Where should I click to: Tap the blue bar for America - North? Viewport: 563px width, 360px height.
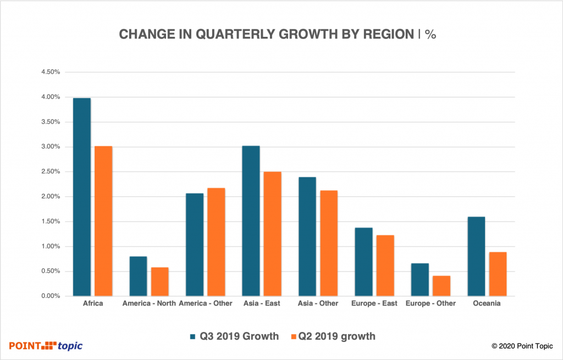pyautogui.click(x=138, y=276)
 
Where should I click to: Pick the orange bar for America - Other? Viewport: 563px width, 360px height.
pyautogui.click(x=216, y=242)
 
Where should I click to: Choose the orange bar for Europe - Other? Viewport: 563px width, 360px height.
pyautogui.click(x=441, y=286)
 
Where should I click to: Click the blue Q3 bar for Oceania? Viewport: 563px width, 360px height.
pyautogui.click(x=476, y=256)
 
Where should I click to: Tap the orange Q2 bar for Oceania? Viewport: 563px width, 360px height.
pyautogui.click(x=497, y=274)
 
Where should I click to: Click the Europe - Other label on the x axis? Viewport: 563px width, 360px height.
pyautogui.click(x=430, y=303)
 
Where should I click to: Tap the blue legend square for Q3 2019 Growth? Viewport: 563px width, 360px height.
pyautogui.click(x=192, y=336)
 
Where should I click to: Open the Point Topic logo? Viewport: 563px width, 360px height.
pyautogui.click(x=46, y=345)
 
